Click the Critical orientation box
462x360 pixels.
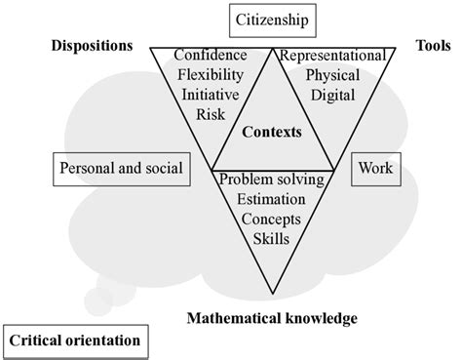click(76, 340)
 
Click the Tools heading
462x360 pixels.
click(434, 46)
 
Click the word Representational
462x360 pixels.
click(335, 57)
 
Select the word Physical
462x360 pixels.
click(331, 76)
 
